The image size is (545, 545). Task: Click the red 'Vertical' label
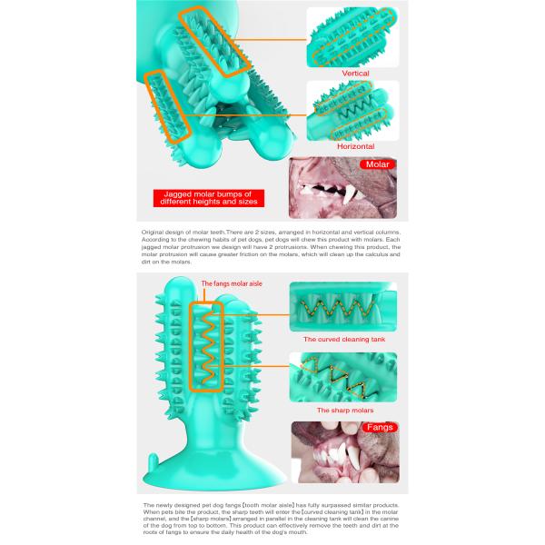[x=355, y=73]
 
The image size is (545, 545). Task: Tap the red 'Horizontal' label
[x=355, y=145]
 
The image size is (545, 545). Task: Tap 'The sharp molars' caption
[x=341, y=410]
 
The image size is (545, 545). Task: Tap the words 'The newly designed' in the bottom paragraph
[x=173, y=505]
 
